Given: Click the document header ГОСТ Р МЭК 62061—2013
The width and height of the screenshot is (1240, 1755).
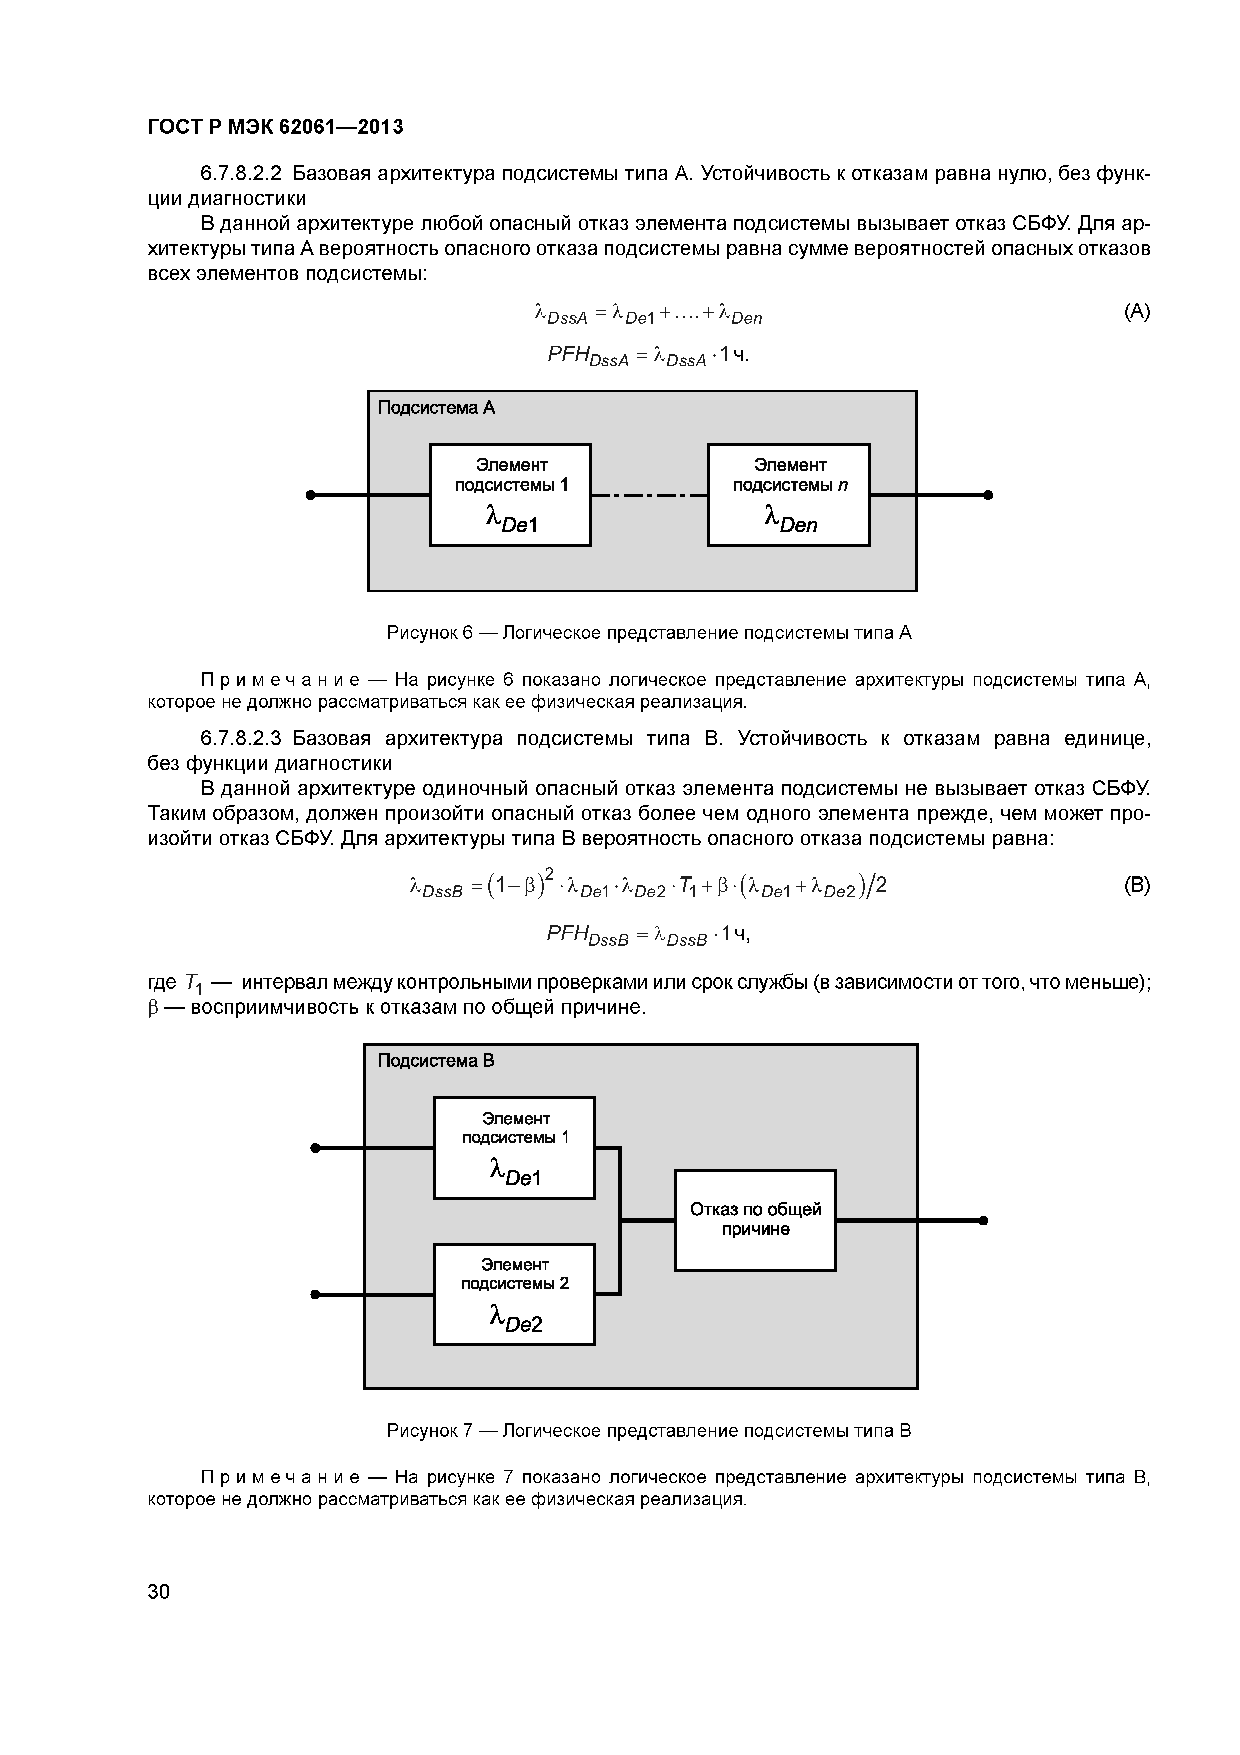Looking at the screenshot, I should click(x=275, y=126).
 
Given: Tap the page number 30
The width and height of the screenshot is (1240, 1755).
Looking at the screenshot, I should click(x=159, y=1591).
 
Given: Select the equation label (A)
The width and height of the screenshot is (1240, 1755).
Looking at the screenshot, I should click(x=1137, y=311).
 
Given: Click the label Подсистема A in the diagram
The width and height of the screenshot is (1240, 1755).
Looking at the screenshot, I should click(x=436, y=408).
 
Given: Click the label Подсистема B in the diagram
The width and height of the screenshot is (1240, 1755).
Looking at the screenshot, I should click(x=436, y=1061).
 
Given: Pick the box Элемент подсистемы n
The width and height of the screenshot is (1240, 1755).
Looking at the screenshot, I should click(x=788, y=495).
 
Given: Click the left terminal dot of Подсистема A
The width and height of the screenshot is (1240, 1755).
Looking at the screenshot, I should click(x=310, y=495).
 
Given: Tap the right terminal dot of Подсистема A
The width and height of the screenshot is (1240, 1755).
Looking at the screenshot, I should click(x=988, y=495).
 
